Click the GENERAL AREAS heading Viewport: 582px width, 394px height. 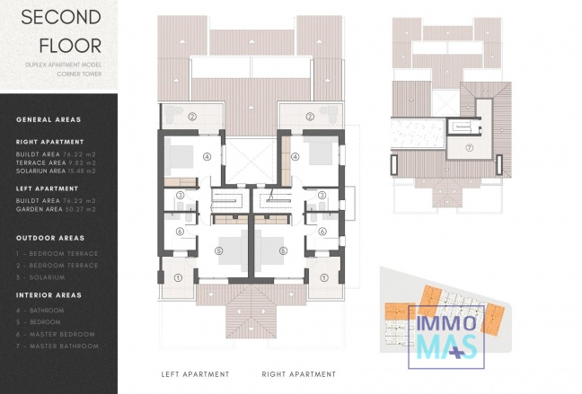tap(48, 119)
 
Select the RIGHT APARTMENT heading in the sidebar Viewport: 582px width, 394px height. tap(49, 142)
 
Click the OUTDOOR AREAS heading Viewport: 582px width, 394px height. tap(50, 238)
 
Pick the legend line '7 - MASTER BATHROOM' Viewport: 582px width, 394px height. tap(57, 346)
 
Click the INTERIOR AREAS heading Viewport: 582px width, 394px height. tap(48, 295)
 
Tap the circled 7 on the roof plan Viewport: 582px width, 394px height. tap(469, 147)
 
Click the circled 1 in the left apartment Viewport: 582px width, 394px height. tap(178, 278)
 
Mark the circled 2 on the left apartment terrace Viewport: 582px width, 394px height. tap(192, 116)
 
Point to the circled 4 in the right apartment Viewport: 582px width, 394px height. tap(295, 155)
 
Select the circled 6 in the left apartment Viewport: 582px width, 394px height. tap(180, 232)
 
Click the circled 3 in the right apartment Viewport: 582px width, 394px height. tap(322, 195)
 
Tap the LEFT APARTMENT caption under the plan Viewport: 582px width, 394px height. tap(195, 374)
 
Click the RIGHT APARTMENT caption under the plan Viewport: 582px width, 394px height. tap(299, 374)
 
